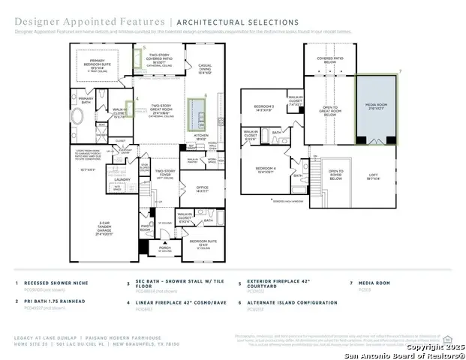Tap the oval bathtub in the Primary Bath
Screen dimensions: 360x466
pyautogui.click(x=77, y=118)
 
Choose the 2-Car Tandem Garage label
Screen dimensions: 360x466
pyautogui.click(x=102, y=223)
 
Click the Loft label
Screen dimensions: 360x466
pyautogui.click(x=373, y=178)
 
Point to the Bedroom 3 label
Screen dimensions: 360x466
pyautogui.click(x=264, y=109)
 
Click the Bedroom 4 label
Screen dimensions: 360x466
pyautogui.click(x=266, y=169)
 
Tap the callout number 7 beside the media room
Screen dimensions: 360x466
pyautogui.click(x=401, y=70)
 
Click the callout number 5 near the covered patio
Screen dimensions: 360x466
pyautogui.click(x=145, y=46)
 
